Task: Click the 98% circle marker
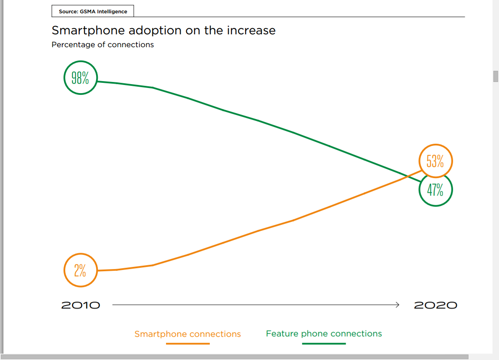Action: pyautogui.click(x=80, y=78)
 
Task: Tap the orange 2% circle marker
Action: pyautogui.click(x=80, y=270)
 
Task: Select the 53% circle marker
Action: pyautogui.click(x=435, y=161)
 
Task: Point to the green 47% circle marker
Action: pyautogui.click(x=435, y=190)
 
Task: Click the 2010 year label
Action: pyautogui.click(x=81, y=305)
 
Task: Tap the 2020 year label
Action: pyautogui.click(x=435, y=305)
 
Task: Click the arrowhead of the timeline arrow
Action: pyautogui.click(x=397, y=305)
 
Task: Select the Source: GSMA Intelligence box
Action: pyautogui.click(x=93, y=12)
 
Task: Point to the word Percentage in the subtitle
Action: pyautogui.click(x=70, y=45)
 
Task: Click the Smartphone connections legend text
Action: pyautogui.click(x=188, y=334)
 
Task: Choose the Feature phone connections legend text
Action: pyautogui.click(x=324, y=333)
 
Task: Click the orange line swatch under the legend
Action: pyautogui.click(x=188, y=343)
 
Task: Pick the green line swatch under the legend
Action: pyautogui.click(x=324, y=343)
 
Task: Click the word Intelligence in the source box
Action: pyautogui.click(x=112, y=12)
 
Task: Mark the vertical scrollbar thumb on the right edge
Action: pyautogui.click(x=496, y=76)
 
